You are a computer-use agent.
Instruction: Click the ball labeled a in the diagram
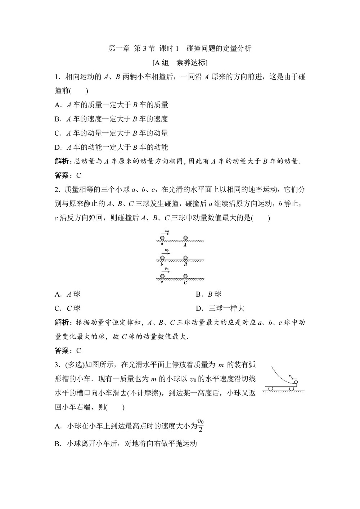pos(162,238)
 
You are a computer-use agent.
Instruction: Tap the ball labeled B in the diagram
pos(185,258)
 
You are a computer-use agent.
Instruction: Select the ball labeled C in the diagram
pos(185,276)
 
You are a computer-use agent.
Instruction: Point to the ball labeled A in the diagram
pos(185,238)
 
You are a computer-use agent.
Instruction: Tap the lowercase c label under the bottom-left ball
pos(162,282)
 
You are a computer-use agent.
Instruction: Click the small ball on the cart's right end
pos(296,382)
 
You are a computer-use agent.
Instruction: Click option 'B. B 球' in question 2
pos(208,294)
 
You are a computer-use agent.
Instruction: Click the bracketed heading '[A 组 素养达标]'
pos(180,63)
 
